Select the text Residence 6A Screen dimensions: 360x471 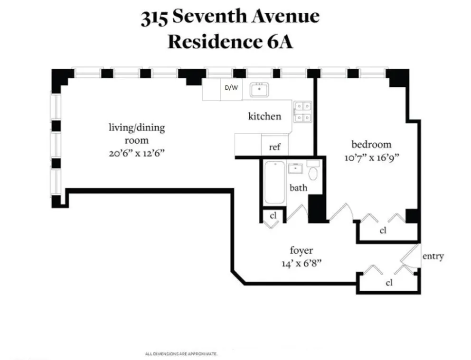click(230, 42)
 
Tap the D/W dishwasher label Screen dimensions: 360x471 click(231, 88)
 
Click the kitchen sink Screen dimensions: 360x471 click(259, 89)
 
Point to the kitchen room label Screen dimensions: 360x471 click(264, 116)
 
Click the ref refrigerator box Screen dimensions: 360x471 click(274, 147)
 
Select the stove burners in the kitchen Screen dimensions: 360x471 click(302, 112)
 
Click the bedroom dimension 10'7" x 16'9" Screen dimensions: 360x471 click(371, 158)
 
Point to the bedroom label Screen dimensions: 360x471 click(371, 145)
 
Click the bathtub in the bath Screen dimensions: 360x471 click(274, 183)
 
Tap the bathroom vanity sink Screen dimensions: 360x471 click(296, 168)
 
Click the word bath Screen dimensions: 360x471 click(298, 188)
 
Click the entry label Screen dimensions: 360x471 click(433, 257)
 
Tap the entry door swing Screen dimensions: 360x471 click(409, 256)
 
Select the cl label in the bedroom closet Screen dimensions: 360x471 click(383, 231)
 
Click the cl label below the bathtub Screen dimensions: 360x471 click(273, 215)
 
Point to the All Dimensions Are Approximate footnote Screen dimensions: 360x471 click(181, 354)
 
